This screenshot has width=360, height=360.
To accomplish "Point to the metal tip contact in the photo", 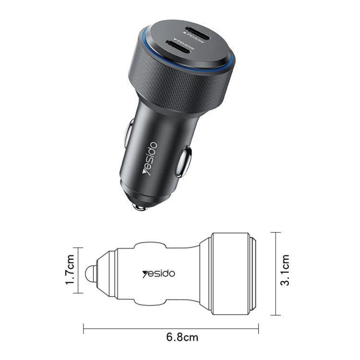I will click(x=139, y=206).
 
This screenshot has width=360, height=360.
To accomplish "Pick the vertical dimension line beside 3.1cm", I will click(x=275, y=274).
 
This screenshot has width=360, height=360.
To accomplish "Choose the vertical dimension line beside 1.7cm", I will click(x=78, y=270).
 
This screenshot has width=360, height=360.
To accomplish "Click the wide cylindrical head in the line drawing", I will click(x=230, y=274).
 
